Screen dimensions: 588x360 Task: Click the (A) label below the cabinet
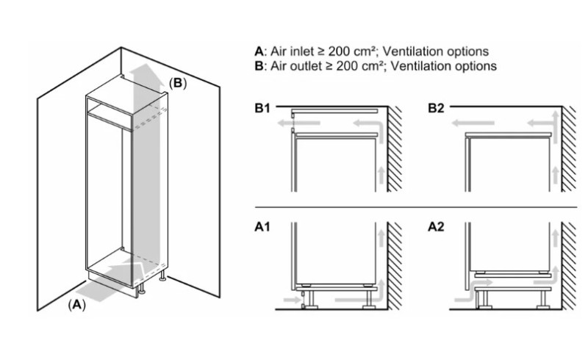click(77, 305)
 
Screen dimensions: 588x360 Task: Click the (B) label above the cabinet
click(178, 83)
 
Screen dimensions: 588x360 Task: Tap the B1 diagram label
click(262, 108)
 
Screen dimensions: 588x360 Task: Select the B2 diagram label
click(436, 108)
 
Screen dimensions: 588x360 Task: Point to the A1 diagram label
click(262, 227)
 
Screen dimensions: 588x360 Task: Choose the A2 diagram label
click(436, 227)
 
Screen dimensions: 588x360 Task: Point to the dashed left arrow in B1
click(298, 123)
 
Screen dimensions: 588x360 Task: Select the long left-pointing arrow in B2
click(473, 123)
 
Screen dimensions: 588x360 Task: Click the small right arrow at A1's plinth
click(291, 300)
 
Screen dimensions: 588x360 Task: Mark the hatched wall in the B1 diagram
click(395, 149)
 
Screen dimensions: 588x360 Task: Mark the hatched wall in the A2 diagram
click(568, 266)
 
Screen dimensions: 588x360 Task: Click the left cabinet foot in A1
click(311, 299)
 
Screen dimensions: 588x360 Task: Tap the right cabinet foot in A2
click(543, 299)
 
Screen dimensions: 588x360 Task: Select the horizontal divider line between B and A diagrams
click(416, 207)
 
